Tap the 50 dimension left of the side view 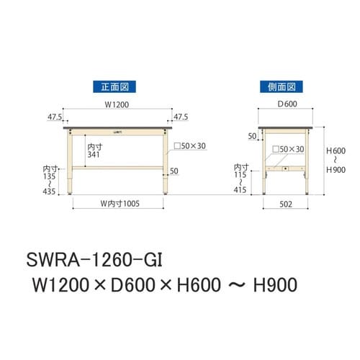252,135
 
